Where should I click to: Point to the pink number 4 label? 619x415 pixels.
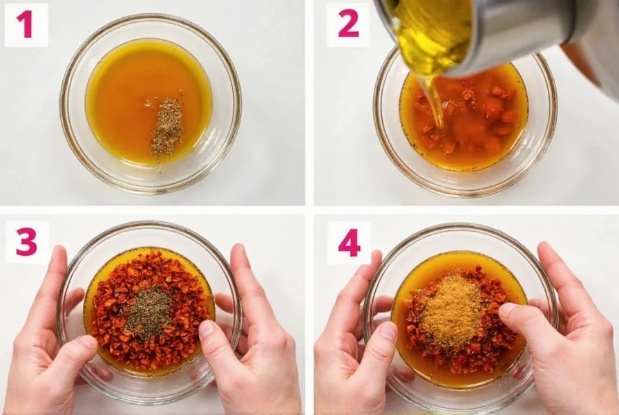point(349,243)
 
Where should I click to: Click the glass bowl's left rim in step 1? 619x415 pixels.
point(64,104)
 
